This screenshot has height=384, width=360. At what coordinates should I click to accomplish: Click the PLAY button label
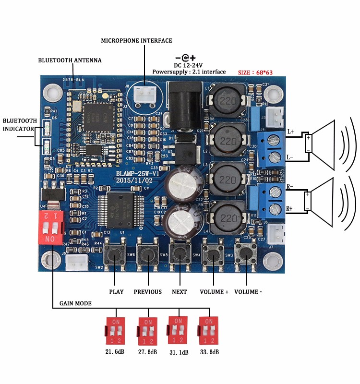click(116, 292)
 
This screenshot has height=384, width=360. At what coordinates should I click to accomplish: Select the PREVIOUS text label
click(148, 292)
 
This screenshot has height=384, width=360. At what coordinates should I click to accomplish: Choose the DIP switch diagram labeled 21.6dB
click(116, 330)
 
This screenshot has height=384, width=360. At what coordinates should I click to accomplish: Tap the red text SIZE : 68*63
click(255, 72)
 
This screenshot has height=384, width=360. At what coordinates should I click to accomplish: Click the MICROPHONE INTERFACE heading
click(136, 41)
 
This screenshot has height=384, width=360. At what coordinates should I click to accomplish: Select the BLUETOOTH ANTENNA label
click(70, 60)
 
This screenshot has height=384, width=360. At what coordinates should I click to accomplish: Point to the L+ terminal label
click(291, 131)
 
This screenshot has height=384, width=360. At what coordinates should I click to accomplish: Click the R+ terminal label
click(290, 209)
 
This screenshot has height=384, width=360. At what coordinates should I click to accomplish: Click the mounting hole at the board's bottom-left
click(49, 260)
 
